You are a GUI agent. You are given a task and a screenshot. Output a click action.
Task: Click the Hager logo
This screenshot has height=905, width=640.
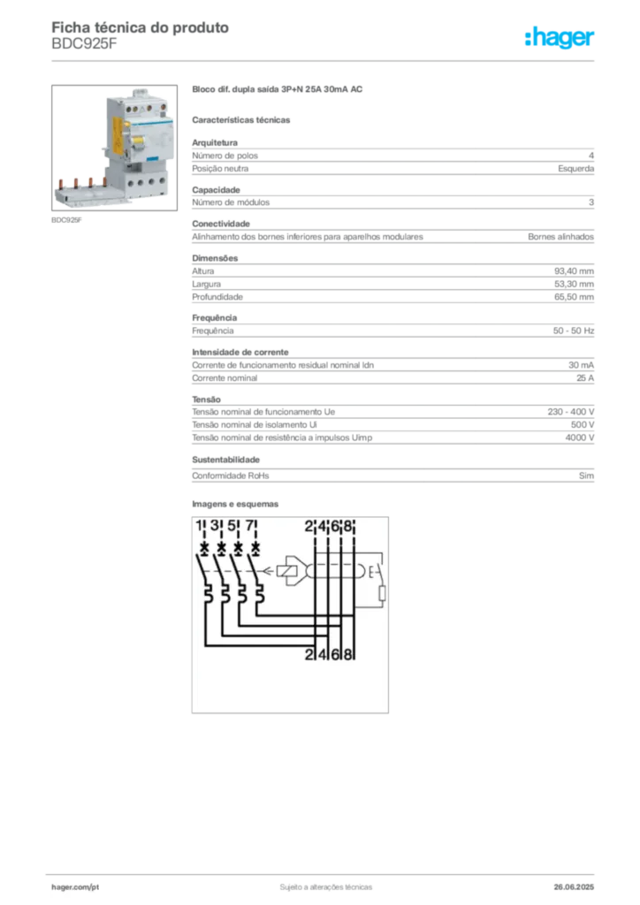(x=560, y=37)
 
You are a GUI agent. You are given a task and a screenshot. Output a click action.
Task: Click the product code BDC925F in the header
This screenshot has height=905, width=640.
(x=84, y=44)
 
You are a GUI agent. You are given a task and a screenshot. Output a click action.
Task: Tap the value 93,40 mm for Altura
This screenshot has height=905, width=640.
(x=575, y=270)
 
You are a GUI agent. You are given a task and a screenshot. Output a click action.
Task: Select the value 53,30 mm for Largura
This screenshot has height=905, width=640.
(x=575, y=284)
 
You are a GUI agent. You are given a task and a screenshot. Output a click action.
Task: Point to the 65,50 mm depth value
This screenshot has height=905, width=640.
(x=575, y=297)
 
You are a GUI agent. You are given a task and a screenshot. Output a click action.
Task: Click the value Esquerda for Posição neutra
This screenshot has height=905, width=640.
(x=576, y=169)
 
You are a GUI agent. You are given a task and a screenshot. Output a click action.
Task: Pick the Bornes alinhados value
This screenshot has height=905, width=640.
(x=561, y=237)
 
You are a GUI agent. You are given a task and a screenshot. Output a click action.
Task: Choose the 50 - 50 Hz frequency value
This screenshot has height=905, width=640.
(x=574, y=331)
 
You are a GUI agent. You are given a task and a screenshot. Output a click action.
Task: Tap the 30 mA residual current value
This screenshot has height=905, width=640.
(x=581, y=365)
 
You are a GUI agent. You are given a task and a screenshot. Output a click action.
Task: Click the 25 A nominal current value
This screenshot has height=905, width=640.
(x=585, y=378)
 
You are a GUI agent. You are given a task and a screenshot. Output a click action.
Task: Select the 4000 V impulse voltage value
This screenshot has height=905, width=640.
(x=580, y=437)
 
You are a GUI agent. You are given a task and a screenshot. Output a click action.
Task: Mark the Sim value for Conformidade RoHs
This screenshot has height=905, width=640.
(x=586, y=475)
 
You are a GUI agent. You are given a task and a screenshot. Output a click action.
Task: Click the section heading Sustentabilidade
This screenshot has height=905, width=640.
(x=225, y=460)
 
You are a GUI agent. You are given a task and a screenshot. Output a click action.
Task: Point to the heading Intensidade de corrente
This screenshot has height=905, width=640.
(x=240, y=352)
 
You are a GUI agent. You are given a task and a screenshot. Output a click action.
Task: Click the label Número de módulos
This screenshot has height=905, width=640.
(x=231, y=202)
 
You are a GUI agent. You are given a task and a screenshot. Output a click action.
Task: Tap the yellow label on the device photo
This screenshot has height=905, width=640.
(x=118, y=136)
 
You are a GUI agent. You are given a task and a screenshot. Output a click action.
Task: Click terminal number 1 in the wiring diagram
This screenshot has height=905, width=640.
(x=199, y=526)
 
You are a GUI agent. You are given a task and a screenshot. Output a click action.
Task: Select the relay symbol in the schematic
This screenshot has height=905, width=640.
(x=287, y=571)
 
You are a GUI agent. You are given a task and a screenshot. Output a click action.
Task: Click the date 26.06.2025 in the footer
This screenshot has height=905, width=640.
(x=574, y=887)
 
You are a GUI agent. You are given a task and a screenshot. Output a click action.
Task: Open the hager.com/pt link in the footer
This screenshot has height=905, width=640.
(x=75, y=887)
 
